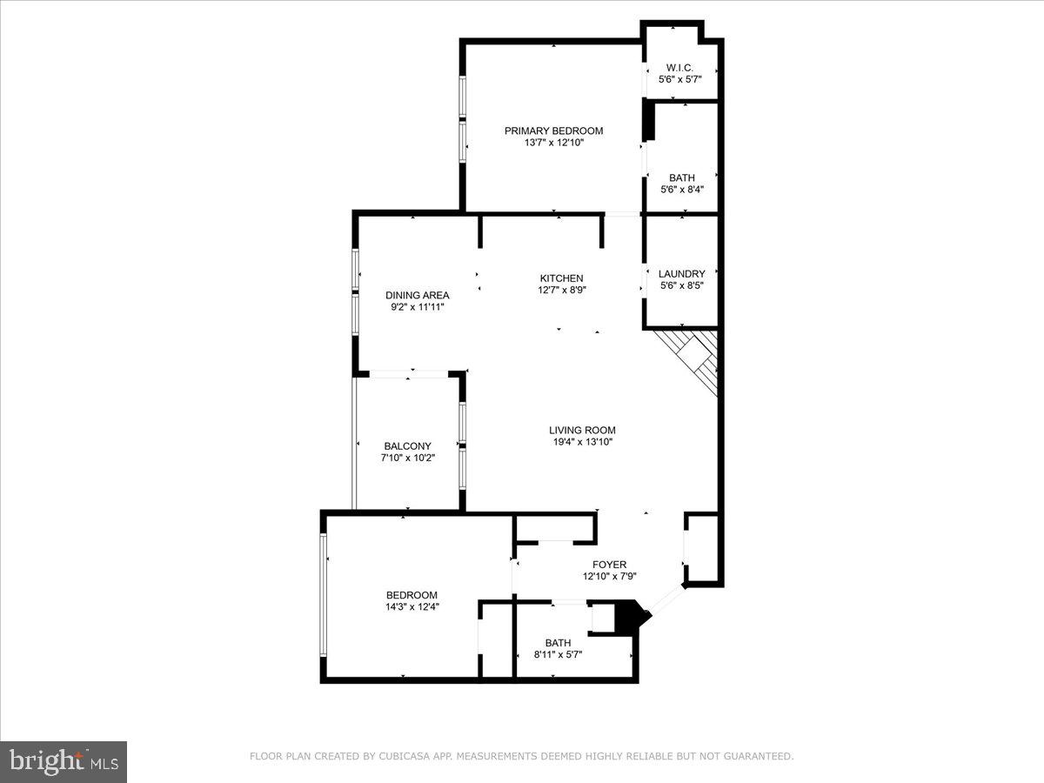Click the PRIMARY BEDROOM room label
553,130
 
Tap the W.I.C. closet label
679,67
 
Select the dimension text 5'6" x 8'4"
682,190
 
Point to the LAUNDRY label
681,273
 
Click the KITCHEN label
561,278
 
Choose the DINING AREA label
418,295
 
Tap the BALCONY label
407,445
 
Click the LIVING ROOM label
582,430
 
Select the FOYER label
609,564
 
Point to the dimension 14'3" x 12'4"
412,607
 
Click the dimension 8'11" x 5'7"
558,654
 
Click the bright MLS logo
64,761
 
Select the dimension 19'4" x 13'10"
582,442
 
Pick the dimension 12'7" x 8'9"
561,291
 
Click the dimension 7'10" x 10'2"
407,458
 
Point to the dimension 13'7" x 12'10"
553,143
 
